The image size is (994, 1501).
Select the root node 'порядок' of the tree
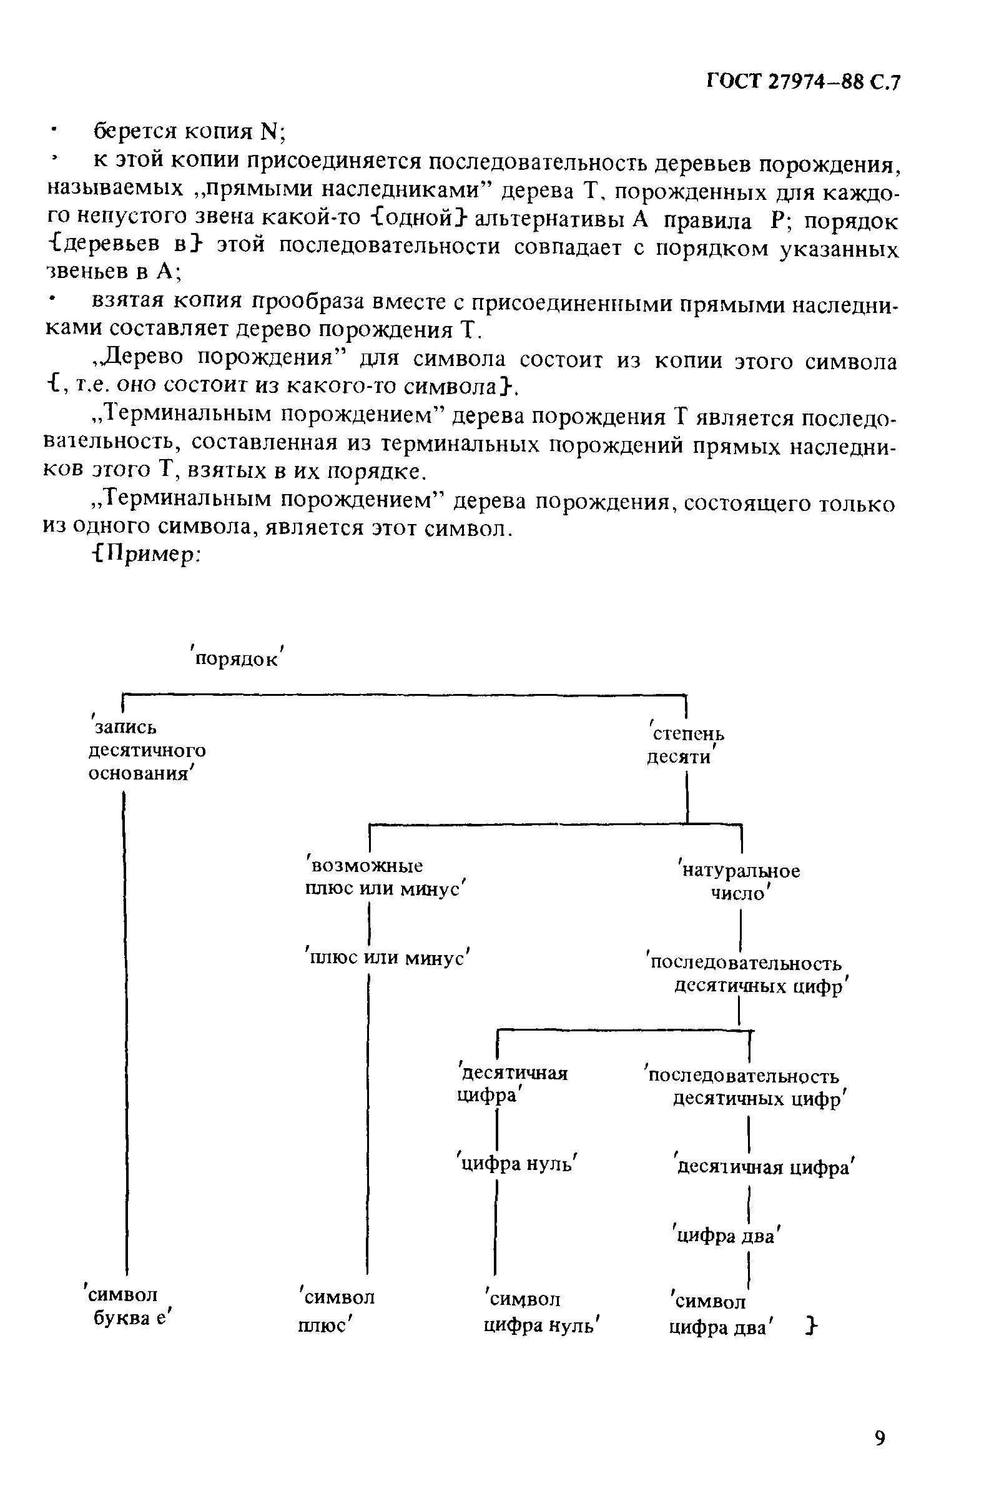click(238, 658)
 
